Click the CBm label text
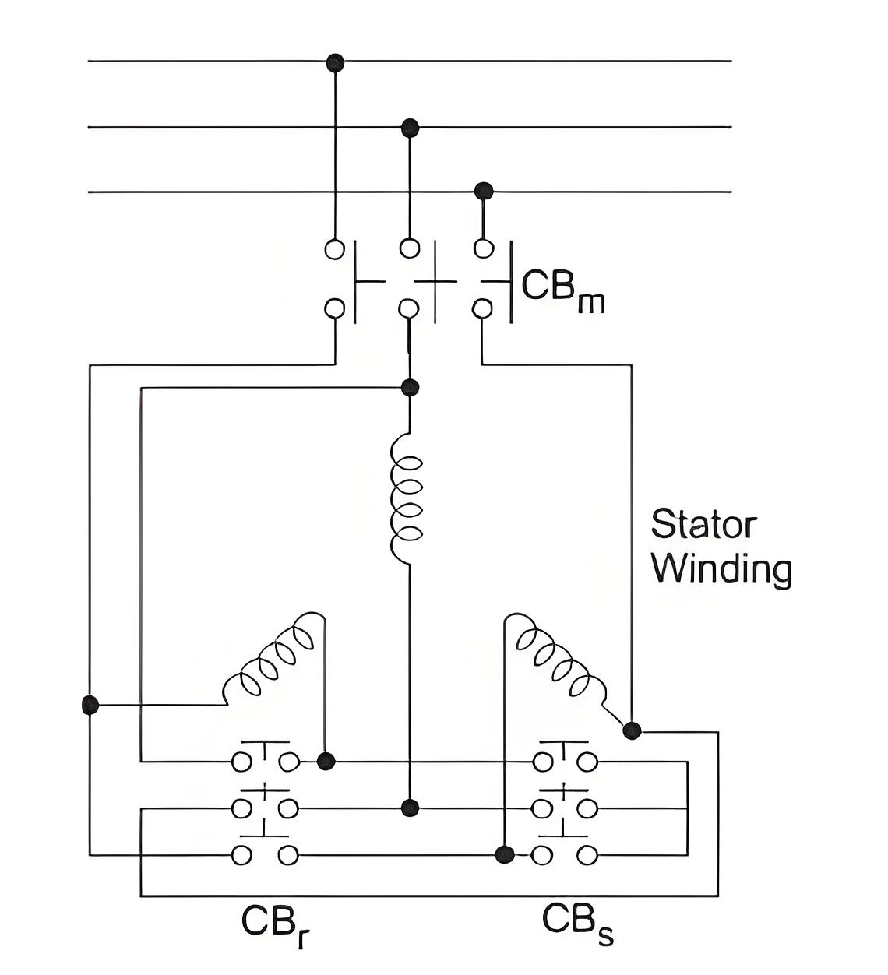coord(562,290)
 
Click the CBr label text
coord(275,926)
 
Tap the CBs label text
coord(577,924)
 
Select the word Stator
coord(703,524)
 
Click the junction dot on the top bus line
coord(335,62)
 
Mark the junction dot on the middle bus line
coord(410,128)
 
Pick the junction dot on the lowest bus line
coord(484,191)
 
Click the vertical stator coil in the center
coord(407,498)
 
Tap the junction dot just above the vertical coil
coord(410,387)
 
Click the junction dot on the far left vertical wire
coord(90,704)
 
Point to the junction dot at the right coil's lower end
coord(632,730)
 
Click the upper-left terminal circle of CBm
coord(335,249)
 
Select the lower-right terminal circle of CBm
coord(482,308)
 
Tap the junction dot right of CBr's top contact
coord(326,761)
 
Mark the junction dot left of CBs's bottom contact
coord(505,854)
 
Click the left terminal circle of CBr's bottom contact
coord(241,855)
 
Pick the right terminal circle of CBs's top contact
coord(587,762)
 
